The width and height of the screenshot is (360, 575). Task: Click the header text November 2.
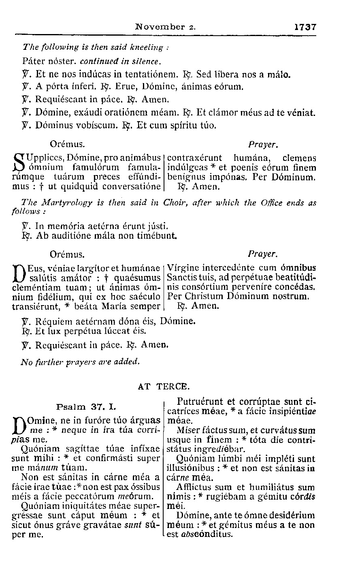tap(166, 28)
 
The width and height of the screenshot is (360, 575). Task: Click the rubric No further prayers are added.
tap(80, 362)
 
